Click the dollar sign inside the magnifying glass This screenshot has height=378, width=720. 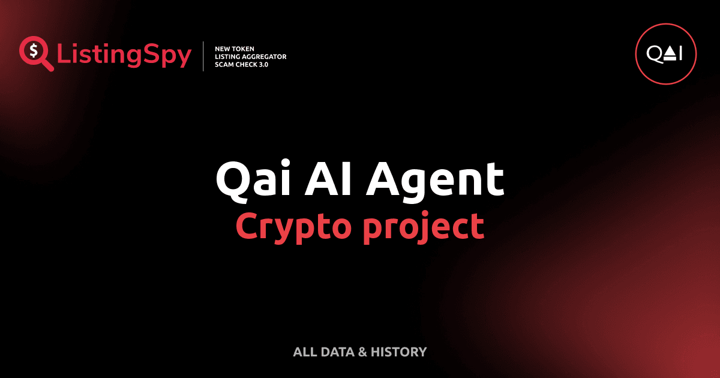33,51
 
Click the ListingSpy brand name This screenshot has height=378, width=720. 124,55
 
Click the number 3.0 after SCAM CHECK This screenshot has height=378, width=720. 262,64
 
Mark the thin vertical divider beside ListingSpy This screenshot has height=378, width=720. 204,56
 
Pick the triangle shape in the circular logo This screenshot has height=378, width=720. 670,54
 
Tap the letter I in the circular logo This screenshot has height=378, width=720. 680,55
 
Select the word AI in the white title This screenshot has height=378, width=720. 324,179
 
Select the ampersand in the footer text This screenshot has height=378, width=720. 362,352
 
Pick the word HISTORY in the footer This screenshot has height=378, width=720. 398,352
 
